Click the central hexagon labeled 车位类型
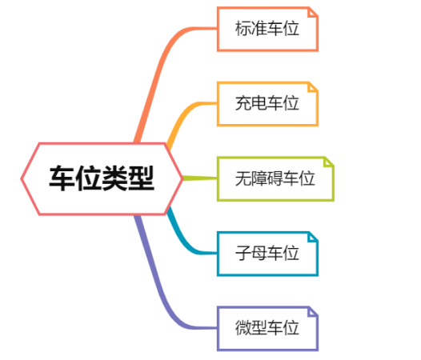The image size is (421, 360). click(x=102, y=178)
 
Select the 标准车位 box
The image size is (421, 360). click(x=267, y=29)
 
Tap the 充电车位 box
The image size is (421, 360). click(x=267, y=104)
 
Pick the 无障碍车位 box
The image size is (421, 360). click(x=275, y=178)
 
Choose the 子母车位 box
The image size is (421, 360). click(x=267, y=254)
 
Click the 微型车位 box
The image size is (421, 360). click(x=267, y=329)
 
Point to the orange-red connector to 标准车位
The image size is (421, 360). click(x=161, y=67)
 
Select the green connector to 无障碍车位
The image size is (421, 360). click(x=200, y=178)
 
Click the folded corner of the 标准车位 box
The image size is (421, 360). click(x=313, y=12)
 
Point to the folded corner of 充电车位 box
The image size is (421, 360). click(x=313, y=87)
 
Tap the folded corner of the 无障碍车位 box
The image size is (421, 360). click(x=329, y=162)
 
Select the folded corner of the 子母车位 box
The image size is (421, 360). click(x=313, y=237)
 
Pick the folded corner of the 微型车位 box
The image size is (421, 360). click(x=313, y=312)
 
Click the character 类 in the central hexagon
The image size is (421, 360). click(x=114, y=178)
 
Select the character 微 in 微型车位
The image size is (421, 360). click(x=243, y=328)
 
